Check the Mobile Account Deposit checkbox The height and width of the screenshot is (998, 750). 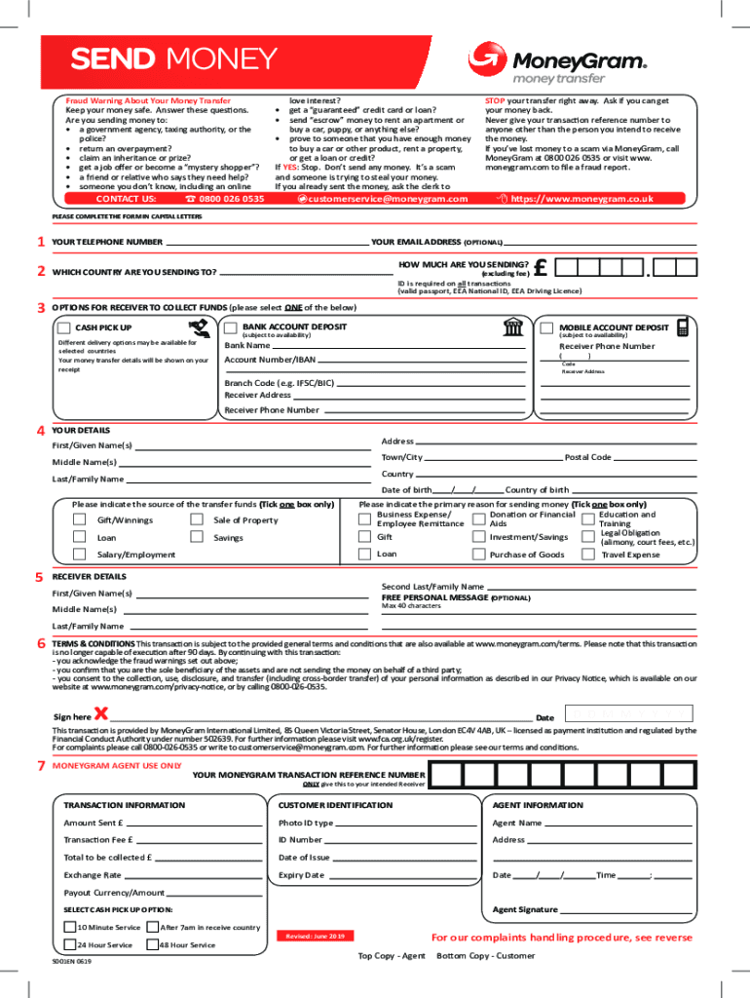546,327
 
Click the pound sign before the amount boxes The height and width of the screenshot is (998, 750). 542,267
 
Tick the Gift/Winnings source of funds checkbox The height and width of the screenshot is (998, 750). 79,520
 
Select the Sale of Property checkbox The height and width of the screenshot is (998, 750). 197,520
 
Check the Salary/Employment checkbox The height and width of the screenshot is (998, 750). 79,555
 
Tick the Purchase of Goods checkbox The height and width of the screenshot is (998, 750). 478,555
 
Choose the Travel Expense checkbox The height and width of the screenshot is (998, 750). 588,555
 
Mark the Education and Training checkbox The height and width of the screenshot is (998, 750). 588,519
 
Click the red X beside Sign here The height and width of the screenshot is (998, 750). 100,714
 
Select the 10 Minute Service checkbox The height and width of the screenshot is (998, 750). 69,927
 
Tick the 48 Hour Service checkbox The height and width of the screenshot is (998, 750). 152,944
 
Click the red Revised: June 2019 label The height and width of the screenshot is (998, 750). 314,936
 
